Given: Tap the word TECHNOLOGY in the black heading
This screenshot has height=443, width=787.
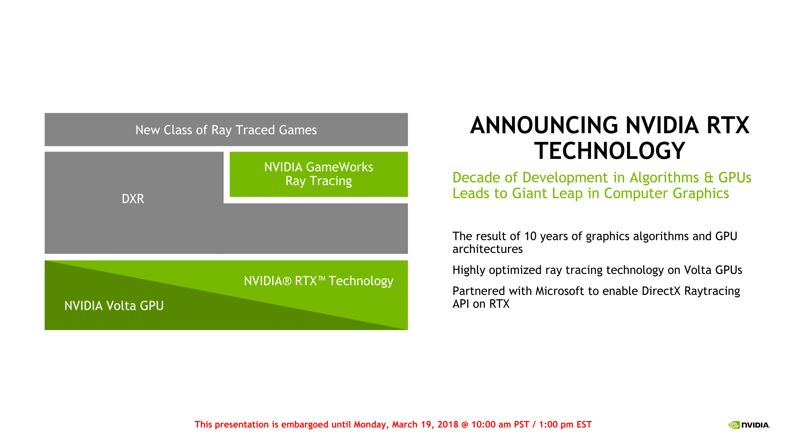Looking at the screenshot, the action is pos(610,151).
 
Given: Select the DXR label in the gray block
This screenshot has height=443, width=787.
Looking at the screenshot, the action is pos(133,199).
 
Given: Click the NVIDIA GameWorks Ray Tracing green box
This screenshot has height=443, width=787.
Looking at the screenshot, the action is pos(319,174).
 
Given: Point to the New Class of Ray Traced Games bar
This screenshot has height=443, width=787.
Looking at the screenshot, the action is pos(226,130).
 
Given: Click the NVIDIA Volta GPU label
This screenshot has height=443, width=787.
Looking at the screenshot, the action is pos(114,306).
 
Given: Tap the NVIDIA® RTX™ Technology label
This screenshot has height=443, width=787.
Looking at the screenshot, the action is pos(319,281).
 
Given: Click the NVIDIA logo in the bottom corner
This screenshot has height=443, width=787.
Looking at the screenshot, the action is pos(749,425).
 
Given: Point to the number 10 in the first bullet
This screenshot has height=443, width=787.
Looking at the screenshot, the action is pos(530,236).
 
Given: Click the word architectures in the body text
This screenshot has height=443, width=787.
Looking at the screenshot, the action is pos(488,249).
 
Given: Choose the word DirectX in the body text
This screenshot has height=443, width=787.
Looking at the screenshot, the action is pos(661,291).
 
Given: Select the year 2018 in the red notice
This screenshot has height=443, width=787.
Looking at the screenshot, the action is pos(448,425).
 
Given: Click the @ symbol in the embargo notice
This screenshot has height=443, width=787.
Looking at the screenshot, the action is pos(465,425).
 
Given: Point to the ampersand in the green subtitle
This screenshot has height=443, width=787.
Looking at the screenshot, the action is pos(709,178).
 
